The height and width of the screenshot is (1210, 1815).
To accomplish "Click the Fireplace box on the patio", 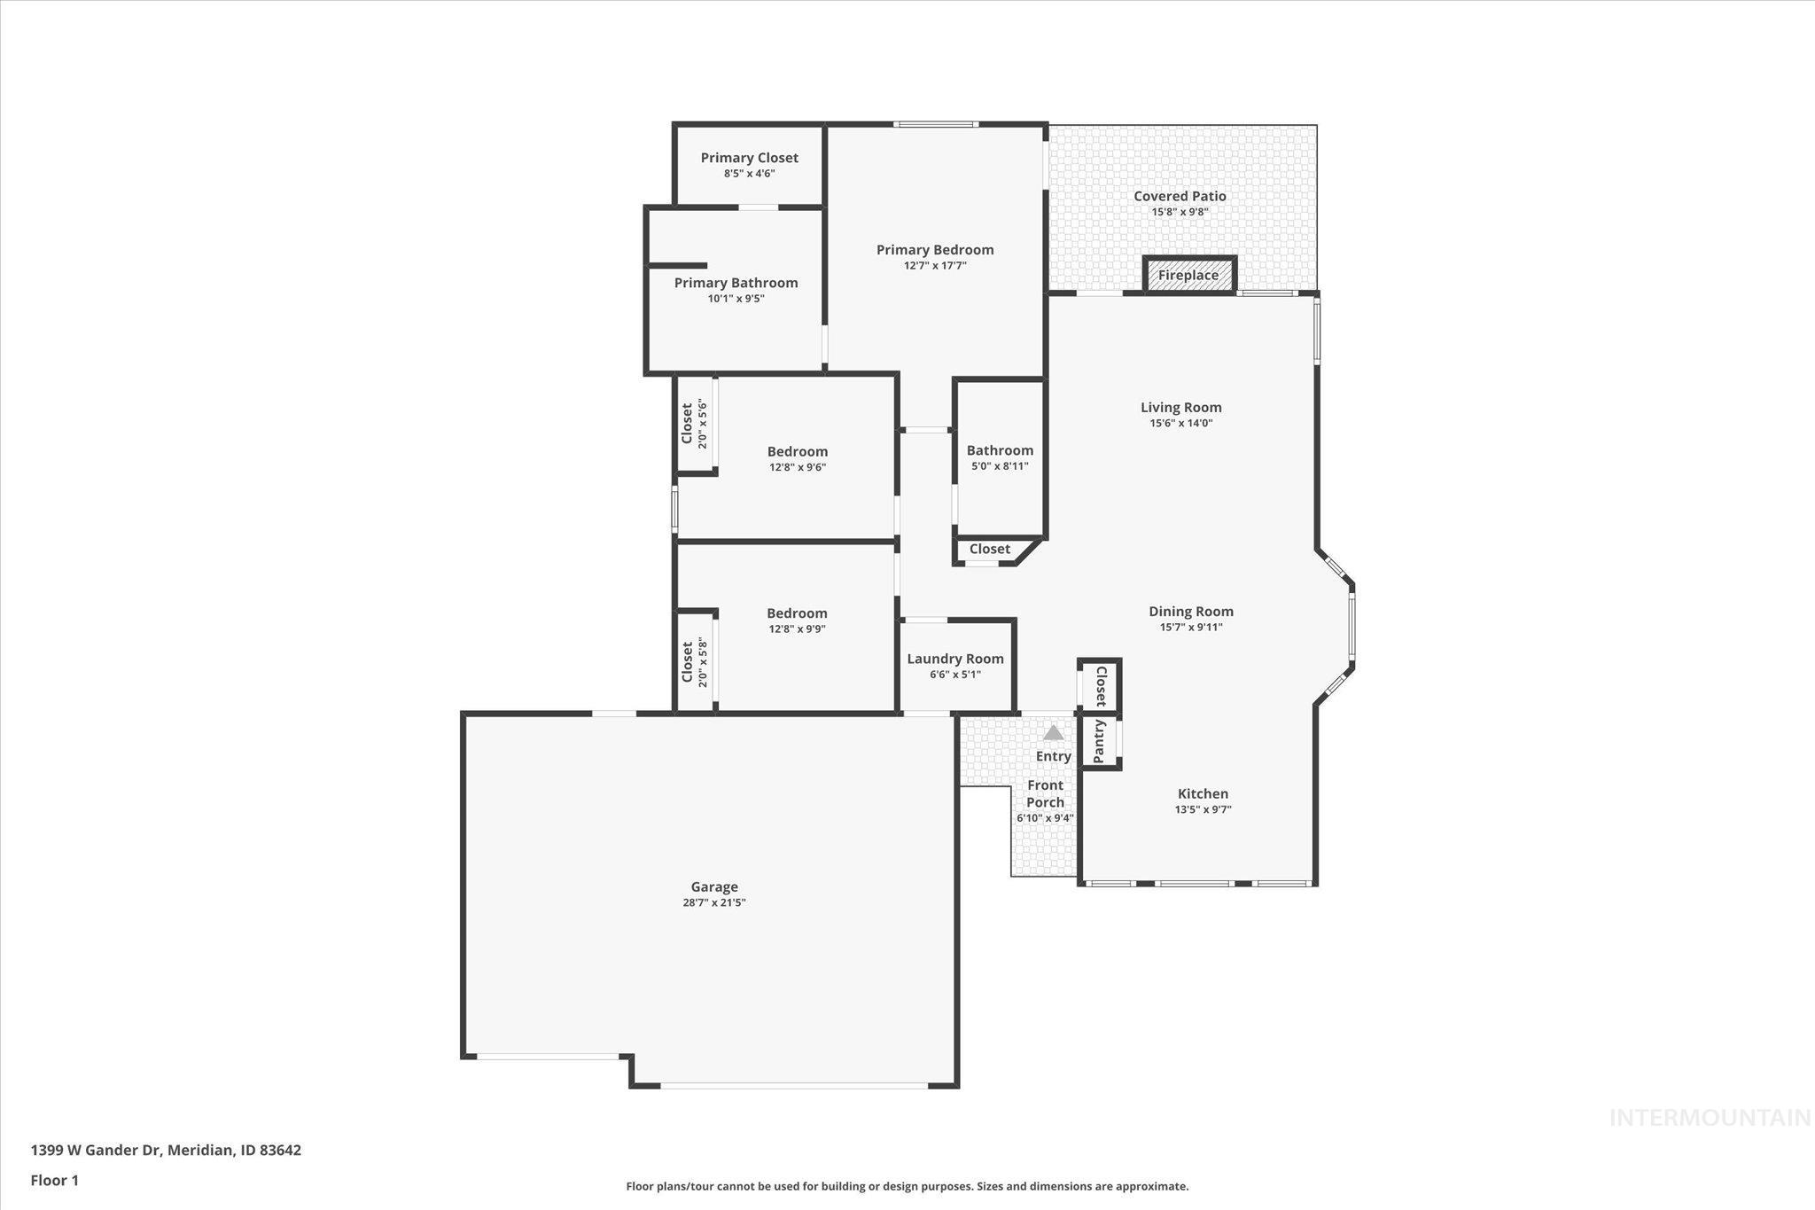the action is pos(1188,275).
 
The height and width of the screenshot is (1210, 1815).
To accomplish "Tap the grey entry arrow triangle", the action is pos(1053,733).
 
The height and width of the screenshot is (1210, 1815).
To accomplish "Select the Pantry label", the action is pos(1099,741).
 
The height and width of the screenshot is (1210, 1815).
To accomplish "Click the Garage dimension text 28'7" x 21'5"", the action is pos(713,902).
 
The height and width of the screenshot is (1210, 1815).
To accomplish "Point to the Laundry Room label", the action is pos(954,659).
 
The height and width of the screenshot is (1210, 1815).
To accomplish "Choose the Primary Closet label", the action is pos(749,158).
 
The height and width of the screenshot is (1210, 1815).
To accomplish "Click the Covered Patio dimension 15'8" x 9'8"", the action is pos(1180,212).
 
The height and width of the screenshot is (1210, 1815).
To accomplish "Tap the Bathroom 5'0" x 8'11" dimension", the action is pos(1000,465).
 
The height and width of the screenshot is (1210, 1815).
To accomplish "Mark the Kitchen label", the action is pos(1203,793).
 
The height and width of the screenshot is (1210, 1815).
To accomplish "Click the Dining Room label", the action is pos(1190,611).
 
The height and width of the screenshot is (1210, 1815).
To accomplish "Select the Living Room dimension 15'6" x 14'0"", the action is pos(1180,423).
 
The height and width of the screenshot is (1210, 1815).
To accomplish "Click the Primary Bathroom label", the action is pos(736,283).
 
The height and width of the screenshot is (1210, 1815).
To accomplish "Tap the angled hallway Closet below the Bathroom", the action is pos(989,549).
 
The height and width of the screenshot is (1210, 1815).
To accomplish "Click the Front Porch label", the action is pos(1045,793).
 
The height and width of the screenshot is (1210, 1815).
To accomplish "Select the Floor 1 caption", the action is pos(55,1180).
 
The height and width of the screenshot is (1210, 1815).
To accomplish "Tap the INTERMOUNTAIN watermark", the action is pos(1710,1118).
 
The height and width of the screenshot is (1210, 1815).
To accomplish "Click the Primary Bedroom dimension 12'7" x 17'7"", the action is pos(935,265).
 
